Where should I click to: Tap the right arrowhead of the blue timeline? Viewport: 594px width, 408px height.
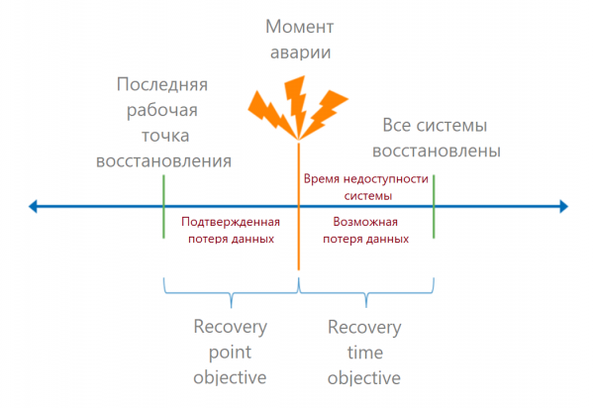click(x=562, y=207)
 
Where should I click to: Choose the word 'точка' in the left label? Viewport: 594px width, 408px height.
click(x=164, y=135)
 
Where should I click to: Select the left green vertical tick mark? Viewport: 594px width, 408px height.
click(x=163, y=207)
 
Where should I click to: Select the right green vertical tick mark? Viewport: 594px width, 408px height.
click(x=434, y=207)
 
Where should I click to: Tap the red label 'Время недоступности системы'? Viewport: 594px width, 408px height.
click(x=365, y=186)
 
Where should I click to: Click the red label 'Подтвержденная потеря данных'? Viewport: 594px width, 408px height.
click(x=231, y=231)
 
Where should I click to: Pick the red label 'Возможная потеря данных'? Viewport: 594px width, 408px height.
click(x=365, y=231)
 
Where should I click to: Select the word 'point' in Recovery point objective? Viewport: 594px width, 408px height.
click(x=230, y=353)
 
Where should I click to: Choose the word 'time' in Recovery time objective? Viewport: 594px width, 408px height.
click(x=364, y=353)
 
